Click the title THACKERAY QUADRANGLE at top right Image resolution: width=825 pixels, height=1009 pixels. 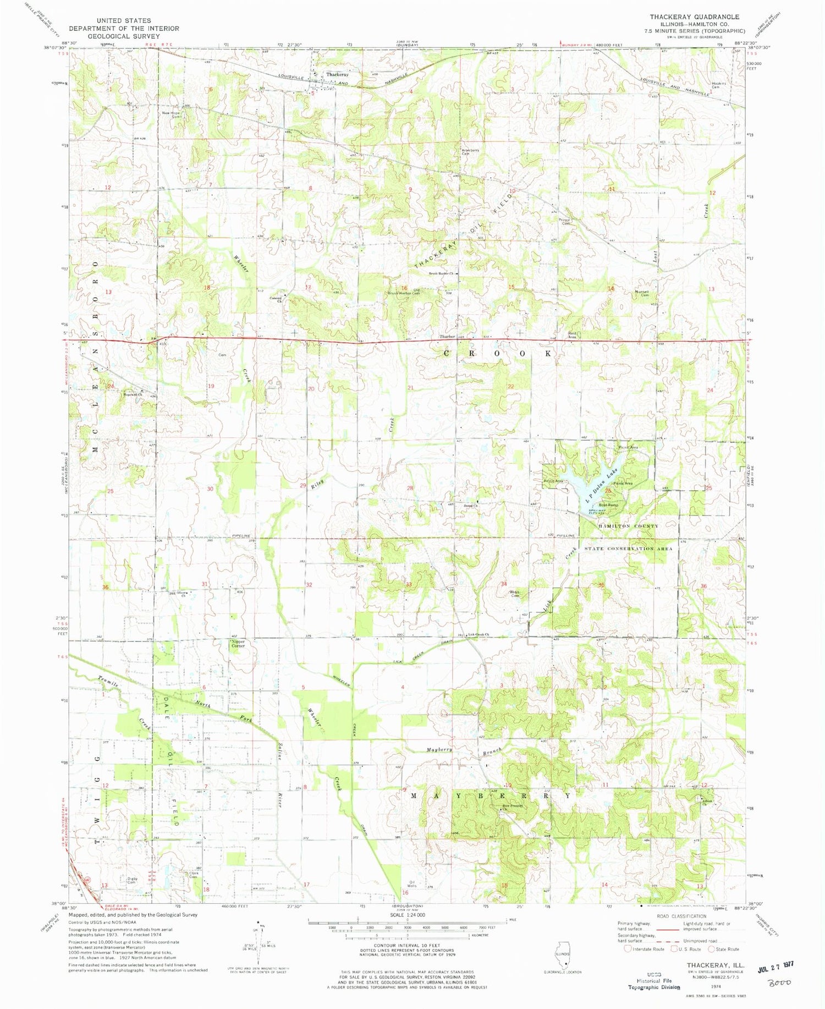click(x=694, y=17)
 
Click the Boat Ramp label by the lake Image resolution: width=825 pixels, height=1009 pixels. click(x=608, y=504)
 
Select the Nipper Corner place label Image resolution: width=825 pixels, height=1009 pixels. click(x=238, y=643)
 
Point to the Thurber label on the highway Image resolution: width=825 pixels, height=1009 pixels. click(x=447, y=336)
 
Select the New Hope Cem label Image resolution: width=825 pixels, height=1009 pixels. click(x=171, y=114)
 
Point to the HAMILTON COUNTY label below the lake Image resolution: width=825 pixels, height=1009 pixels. click(x=628, y=526)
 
